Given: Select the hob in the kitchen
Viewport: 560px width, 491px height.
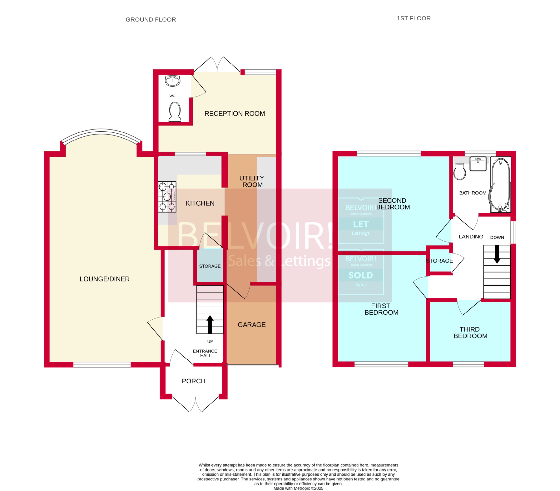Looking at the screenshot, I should [x=167, y=197].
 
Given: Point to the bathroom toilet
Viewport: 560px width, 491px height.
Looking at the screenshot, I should [x=460, y=172].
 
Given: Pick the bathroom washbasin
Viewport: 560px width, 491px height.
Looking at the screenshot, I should [x=478, y=164].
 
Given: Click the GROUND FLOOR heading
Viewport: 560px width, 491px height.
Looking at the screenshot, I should [x=151, y=19].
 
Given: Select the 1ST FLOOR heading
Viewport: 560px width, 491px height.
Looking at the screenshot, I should [x=414, y=18].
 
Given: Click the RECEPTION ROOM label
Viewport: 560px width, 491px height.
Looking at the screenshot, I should [x=234, y=113].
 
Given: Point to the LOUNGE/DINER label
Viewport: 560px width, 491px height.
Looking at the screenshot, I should [x=104, y=279].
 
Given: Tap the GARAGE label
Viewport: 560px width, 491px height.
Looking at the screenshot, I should [x=251, y=325].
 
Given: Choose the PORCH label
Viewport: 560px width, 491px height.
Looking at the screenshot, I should [x=193, y=381].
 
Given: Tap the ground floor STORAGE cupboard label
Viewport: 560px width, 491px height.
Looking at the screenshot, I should [x=210, y=266].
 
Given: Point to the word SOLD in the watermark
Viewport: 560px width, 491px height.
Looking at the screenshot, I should [x=360, y=275].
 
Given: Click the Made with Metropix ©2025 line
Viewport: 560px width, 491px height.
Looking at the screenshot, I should [x=298, y=488].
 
